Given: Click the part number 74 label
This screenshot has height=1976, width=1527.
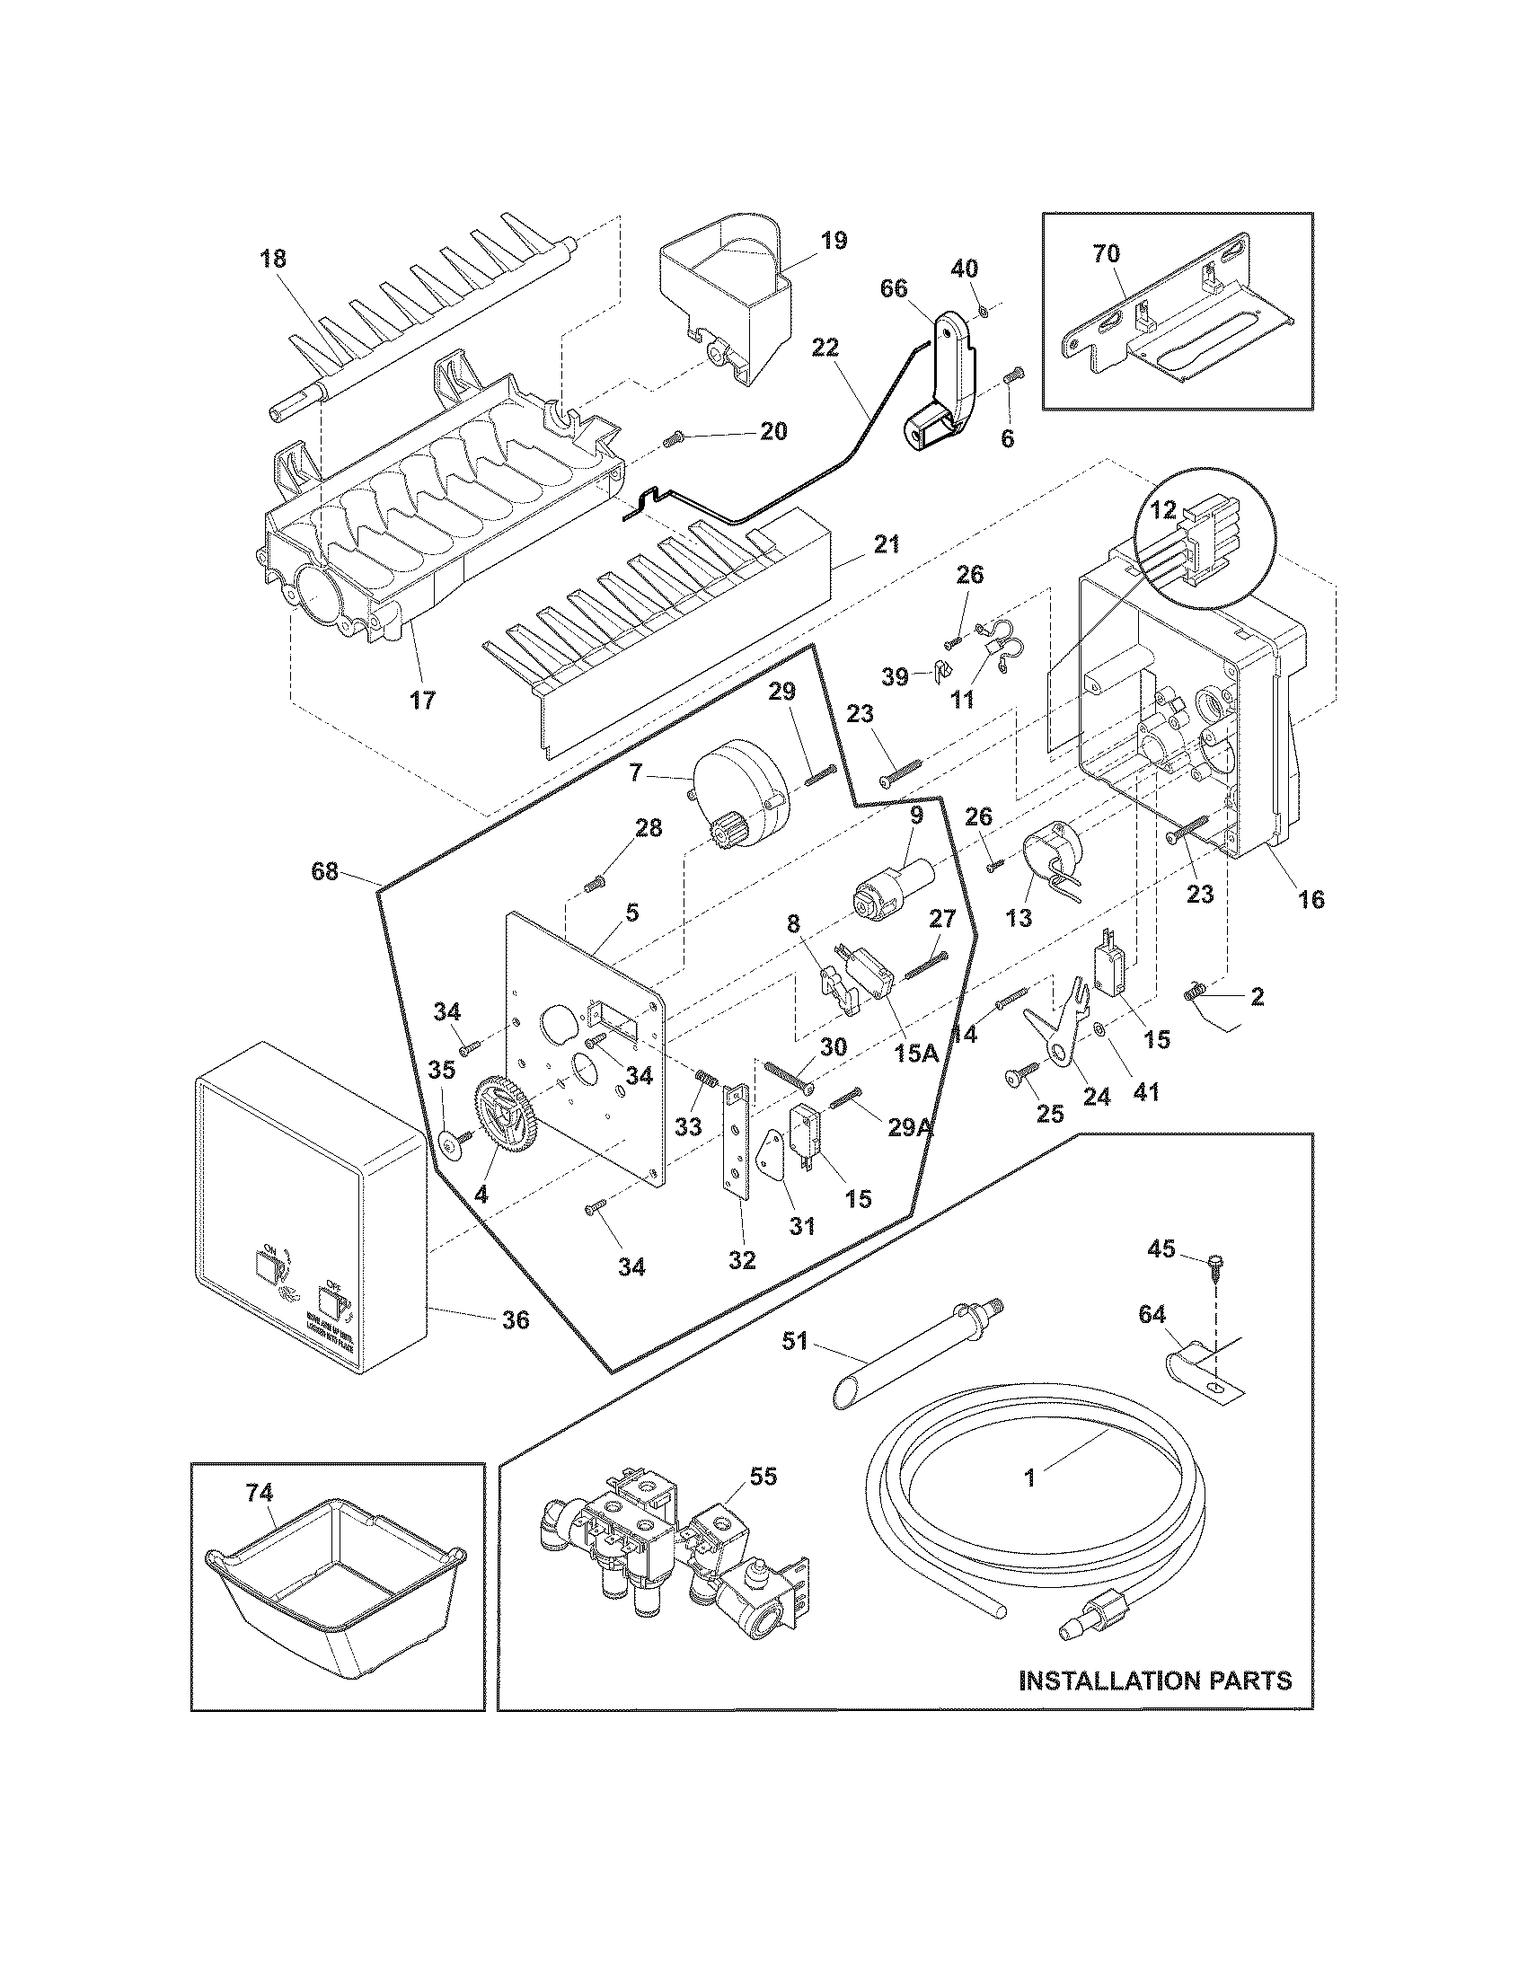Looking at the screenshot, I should coord(259,1494).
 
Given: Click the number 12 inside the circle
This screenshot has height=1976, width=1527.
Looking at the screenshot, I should coord(1163,511).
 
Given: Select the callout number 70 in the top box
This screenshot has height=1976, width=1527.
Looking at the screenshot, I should coord(1106,254).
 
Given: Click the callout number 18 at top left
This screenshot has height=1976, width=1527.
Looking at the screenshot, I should coord(272,259).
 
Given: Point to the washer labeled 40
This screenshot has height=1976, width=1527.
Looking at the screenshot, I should coord(982,313).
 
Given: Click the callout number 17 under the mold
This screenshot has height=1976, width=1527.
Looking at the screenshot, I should coord(422,700).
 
